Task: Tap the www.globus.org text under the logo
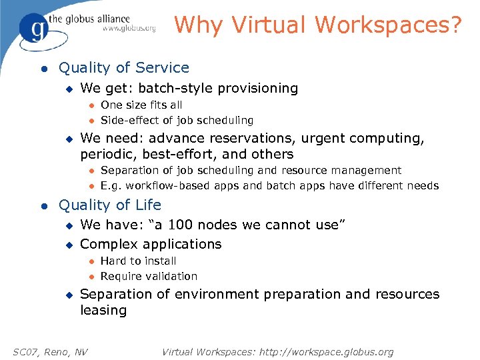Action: pos(129,29)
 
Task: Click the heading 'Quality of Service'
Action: pos(124,68)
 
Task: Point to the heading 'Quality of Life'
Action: pos(110,205)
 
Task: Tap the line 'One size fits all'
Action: pos(141,105)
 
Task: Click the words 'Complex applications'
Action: pos(151,245)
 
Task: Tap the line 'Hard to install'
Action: pos(138,261)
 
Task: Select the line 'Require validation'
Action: pos(149,277)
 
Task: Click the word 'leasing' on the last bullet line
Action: pos(103,311)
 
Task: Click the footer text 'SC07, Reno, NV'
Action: pos(51,352)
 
